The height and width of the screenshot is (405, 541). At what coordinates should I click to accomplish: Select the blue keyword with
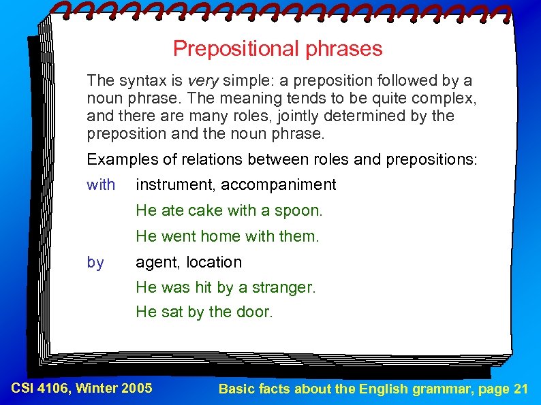click(101, 184)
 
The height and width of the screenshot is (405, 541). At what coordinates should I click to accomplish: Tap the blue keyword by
click(95, 262)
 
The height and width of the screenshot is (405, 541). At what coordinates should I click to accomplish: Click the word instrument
click(175, 184)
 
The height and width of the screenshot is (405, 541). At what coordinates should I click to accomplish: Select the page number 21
click(521, 389)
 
